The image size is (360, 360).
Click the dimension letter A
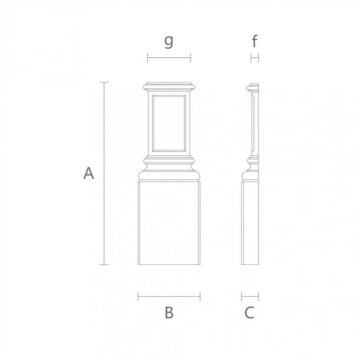click(88, 173)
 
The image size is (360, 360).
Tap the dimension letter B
click(169, 312)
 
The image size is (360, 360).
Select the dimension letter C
click(249, 312)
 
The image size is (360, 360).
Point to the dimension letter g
click(169, 41)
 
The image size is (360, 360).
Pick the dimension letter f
click(255, 41)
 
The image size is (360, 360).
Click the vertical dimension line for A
click(104, 173)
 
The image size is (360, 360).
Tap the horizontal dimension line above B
click(169, 296)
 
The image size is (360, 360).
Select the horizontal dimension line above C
click(250, 296)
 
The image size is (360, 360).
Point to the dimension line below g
click(169, 58)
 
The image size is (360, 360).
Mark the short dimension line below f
click(254, 58)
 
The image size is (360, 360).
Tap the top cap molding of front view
click(169, 85)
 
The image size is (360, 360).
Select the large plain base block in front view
click(169, 224)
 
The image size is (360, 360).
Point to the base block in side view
click(250, 224)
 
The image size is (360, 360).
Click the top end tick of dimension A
click(104, 82)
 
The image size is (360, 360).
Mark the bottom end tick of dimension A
click(104, 264)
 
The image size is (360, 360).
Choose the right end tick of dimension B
click(200, 296)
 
